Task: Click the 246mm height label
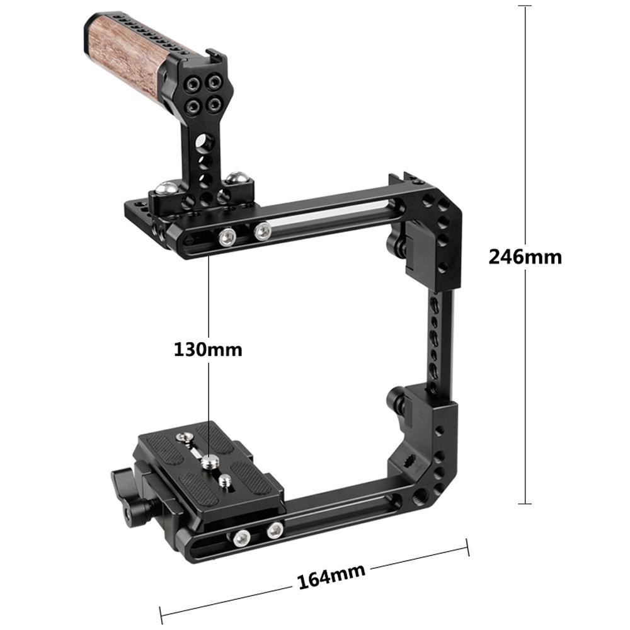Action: [x=525, y=257]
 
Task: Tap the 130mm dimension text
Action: [x=208, y=349]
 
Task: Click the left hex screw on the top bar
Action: [x=227, y=237]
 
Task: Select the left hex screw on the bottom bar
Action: [x=240, y=537]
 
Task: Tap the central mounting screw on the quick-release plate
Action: [x=208, y=462]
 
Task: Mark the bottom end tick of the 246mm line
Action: [x=525, y=503]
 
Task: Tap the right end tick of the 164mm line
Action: [x=467, y=547]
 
